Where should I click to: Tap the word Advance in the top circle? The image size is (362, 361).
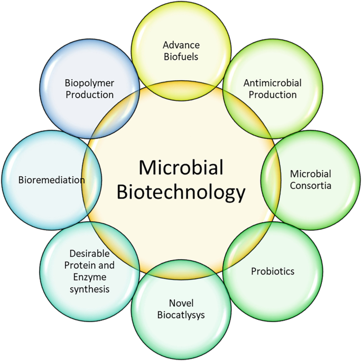coord(181,45)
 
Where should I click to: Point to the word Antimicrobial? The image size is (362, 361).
coord(272,83)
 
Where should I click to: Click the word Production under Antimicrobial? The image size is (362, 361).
coord(272,94)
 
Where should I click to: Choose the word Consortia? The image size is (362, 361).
coord(311,186)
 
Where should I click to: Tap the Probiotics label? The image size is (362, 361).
coord(272,271)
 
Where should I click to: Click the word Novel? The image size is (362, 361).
coord(180,303)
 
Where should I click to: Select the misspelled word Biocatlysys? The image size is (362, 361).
coord(180,315)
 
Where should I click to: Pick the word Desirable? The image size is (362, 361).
coord(89,253)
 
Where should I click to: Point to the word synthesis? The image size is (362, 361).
coord(89,289)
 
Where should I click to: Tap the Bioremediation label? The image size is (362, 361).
coord(51,180)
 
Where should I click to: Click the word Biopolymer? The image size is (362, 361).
coord(89,83)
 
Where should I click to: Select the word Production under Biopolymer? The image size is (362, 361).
coord(89,94)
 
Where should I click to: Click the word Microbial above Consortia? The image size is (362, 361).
coord(311,174)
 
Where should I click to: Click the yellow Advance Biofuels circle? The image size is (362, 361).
coord(181,26)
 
